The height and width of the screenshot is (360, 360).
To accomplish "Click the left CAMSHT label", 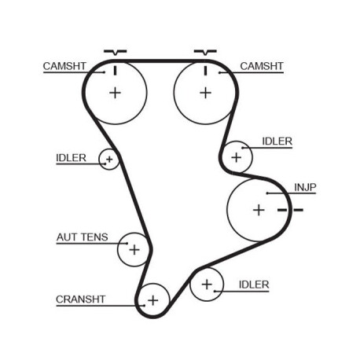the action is coord(64,66).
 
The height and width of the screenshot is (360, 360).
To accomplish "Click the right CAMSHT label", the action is coord(262,66).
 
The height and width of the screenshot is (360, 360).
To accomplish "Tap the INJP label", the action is coord(305,188).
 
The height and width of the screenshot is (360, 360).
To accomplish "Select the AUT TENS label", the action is coord(83,237).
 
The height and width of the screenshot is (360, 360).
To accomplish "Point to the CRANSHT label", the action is coord(81,299).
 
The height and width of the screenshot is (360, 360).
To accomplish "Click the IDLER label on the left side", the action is coord(71,158).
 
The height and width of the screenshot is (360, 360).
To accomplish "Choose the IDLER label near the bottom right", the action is coord(254,285).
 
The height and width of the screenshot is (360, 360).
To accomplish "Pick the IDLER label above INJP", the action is coord(277,141).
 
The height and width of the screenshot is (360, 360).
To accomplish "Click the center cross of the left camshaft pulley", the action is coord(115,93).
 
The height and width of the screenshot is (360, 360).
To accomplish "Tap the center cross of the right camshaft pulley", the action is coord(206,93).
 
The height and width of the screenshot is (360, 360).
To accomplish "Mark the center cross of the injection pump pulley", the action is coord(259,210).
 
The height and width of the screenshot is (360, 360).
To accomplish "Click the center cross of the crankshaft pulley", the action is coord(153,300).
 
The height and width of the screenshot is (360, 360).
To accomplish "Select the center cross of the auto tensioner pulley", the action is coord(134,250).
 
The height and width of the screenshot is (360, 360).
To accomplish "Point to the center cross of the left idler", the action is coord(109,159).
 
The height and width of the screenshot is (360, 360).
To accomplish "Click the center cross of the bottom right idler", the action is coord(207,285).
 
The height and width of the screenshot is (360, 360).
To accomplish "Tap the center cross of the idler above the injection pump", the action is coord(237,157).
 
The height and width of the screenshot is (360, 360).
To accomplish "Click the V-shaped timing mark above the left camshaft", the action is coord(115,53).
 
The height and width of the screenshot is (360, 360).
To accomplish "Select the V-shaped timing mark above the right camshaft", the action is coord(205,52).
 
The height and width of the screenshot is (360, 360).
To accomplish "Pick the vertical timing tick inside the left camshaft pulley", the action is coord(115,71).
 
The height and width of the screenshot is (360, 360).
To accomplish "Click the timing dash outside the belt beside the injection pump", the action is coord(298,210).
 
